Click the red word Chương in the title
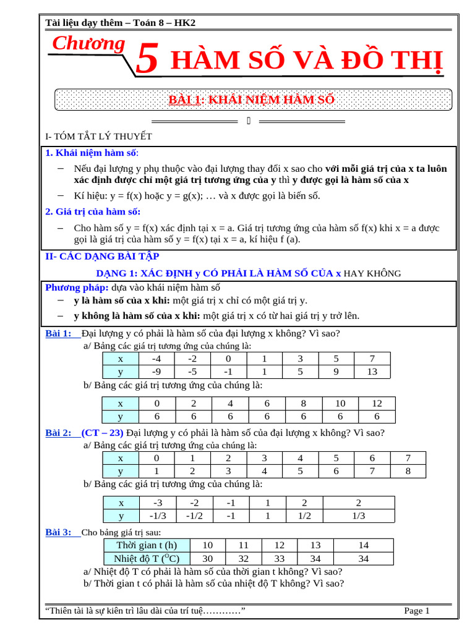[88, 44]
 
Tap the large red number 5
[146, 61]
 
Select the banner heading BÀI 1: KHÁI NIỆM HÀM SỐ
[252, 100]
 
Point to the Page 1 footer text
[417, 611]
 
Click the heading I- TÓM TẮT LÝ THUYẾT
[99, 136]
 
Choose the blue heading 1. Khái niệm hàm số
[92, 153]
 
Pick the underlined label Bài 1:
[59, 334]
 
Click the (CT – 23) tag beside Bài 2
[102, 433]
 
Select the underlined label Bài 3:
[59, 532]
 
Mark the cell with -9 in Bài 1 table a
[156, 372]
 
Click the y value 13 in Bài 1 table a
[371, 372]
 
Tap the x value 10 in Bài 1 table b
[340, 403]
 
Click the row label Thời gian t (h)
[147, 545]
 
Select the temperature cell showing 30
[207, 559]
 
